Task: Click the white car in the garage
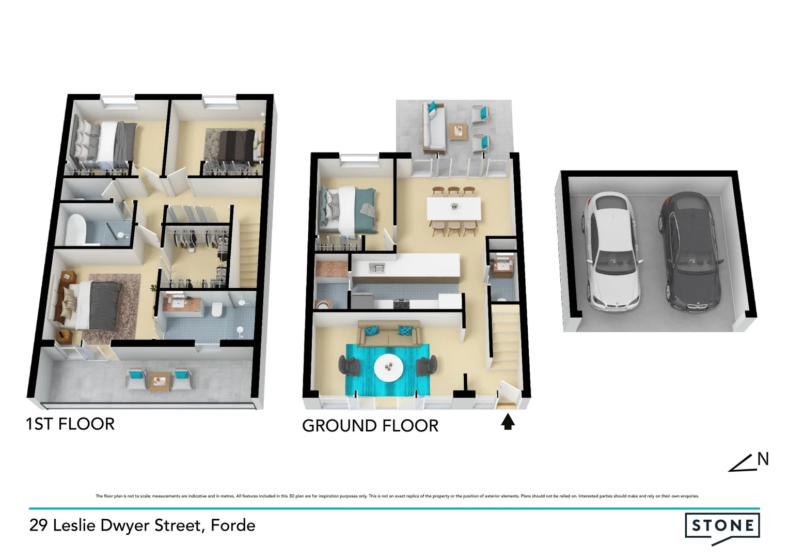[611, 252]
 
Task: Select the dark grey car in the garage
[690, 252]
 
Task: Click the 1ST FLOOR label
[70, 424]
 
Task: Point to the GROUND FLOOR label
[370, 426]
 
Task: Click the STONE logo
[722, 526]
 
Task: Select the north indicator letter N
[763, 459]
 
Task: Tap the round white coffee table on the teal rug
[389, 367]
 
